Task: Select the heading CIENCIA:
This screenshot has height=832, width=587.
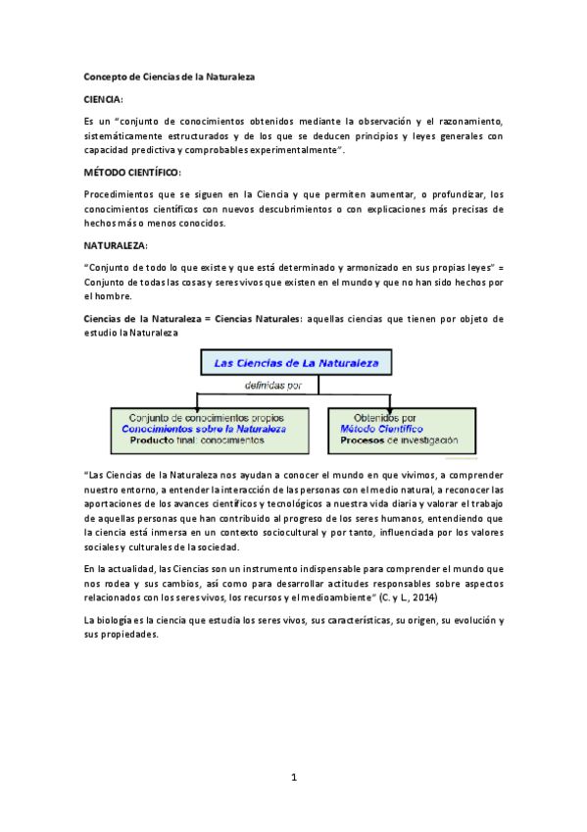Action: point(103,99)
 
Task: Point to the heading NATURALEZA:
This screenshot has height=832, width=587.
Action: point(115,244)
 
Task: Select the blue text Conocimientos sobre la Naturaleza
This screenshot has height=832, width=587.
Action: point(204,429)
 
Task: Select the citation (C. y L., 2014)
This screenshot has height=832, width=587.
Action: point(410,598)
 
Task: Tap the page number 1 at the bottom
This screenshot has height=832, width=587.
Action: point(293,778)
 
